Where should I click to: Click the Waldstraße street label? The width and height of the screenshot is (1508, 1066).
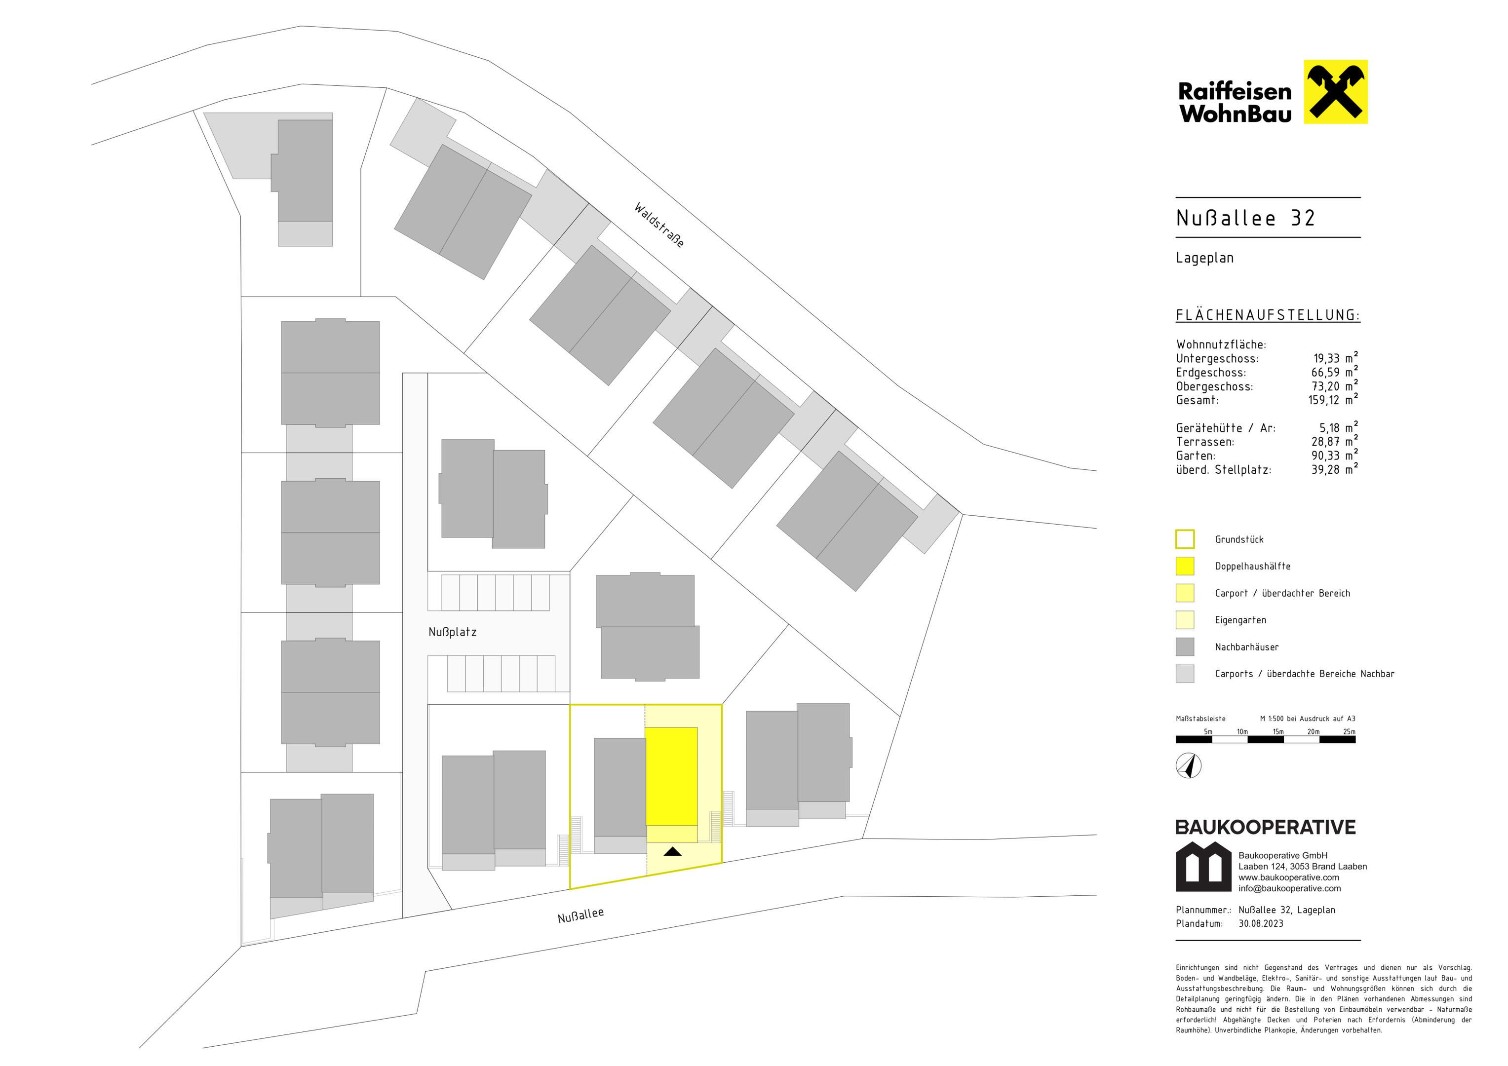[659, 225]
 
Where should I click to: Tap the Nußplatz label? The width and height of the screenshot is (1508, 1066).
[453, 632]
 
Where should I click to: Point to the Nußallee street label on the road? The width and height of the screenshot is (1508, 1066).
[580, 915]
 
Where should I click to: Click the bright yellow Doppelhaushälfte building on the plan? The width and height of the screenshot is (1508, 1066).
[671, 776]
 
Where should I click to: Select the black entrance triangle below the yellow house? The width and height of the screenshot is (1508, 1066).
[673, 851]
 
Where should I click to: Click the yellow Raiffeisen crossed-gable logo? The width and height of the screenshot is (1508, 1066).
[1335, 92]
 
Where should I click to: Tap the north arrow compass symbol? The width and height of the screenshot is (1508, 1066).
[1189, 766]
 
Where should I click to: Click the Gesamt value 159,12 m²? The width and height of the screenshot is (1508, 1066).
[1333, 399]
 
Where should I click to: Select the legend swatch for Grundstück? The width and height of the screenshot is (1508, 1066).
[1185, 539]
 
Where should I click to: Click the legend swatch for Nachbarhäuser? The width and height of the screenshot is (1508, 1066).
[1185, 647]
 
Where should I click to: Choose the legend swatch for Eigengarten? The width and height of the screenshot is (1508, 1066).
[1185, 620]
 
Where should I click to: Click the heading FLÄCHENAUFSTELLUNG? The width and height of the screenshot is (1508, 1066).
[1268, 315]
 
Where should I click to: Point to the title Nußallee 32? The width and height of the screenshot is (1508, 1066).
[1245, 218]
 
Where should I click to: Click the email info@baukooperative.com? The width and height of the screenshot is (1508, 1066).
[1290, 889]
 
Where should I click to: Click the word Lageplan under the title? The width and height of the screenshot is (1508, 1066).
[1204, 258]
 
